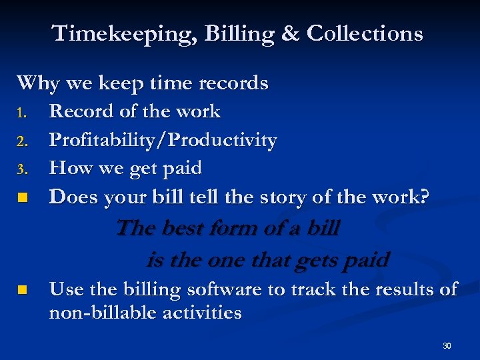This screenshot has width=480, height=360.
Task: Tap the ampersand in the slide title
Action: click(x=291, y=33)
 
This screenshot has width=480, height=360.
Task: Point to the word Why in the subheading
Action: click(x=37, y=83)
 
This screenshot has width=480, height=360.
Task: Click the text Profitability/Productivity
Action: click(x=163, y=141)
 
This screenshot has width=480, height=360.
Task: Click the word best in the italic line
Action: click(x=181, y=228)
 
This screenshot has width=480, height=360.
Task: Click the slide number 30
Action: click(x=447, y=345)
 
